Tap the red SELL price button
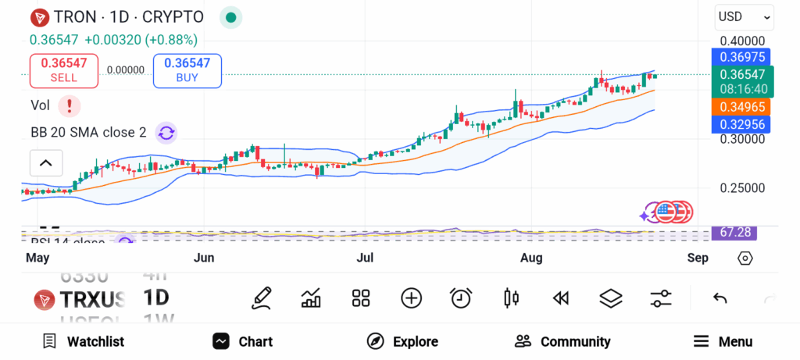tap(63, 70)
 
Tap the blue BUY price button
tap(187, 70)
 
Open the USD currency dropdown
tap(744, 16)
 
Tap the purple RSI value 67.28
tap(734, 233)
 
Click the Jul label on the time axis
tap(364, 258)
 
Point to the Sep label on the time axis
tap(698, 258)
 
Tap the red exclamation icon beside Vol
tap(70, 105)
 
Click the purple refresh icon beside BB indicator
tap(166, 132)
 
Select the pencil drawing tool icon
tap(262, 298)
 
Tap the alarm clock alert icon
tap(461, 298)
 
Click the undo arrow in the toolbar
tap(720, 298)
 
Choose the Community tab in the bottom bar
tap(562, 341)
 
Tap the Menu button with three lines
tap(723, 341)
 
